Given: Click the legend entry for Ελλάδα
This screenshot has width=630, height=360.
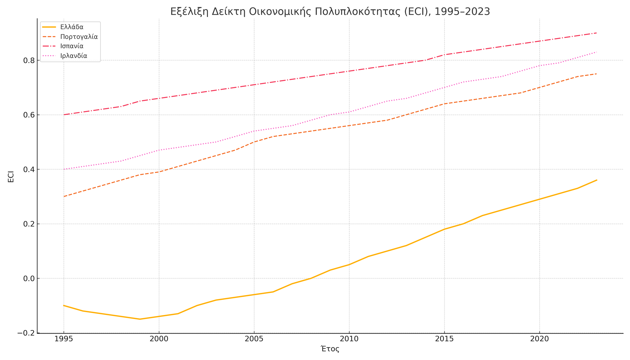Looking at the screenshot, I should coord(72,27).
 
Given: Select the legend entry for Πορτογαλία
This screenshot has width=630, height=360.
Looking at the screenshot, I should coord(79,37).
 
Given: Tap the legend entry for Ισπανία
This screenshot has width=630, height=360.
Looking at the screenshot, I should coord(72,46).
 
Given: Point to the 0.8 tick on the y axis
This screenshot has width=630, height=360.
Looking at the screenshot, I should coord(29,60).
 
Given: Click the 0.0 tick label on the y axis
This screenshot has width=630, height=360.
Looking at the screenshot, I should coord(29,278).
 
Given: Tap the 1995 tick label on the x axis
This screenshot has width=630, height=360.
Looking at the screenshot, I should coord(64,339).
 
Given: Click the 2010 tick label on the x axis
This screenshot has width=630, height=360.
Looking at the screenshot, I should coord(349,339).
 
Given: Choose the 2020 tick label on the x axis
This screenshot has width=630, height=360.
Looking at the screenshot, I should coord(539,339).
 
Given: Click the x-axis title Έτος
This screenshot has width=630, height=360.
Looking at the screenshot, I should coord(330,349).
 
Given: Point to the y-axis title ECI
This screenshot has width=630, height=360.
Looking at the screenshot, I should coord(11,176).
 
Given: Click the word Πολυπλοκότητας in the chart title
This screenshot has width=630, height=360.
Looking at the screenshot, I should coord(339,12).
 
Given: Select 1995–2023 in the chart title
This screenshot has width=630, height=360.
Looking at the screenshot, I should coord(462,12).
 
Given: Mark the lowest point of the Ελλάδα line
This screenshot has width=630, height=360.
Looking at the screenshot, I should coord(140,319).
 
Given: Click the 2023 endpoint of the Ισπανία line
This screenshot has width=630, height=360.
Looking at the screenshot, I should coord(597,33).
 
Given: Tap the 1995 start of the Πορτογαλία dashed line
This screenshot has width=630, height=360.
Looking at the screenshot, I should coord(64,197).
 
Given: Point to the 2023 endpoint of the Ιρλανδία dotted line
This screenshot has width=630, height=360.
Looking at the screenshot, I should coord(597,52).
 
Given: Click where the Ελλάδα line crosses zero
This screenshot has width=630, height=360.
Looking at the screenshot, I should coord(311,278).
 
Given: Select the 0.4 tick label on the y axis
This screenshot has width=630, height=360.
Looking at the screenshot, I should coord(29,169).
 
